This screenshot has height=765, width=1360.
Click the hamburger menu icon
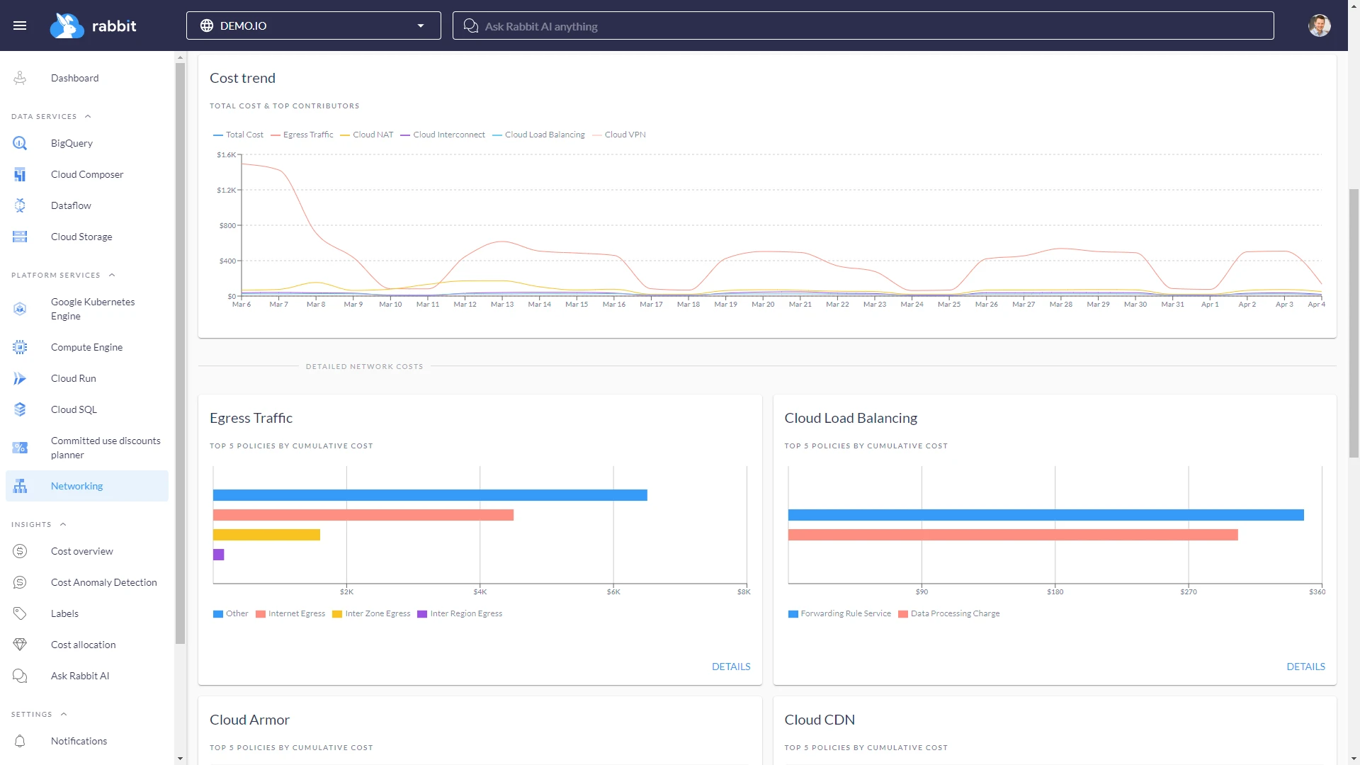click(x=20, y=25)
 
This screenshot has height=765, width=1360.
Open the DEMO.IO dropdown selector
click(x=313, y=25)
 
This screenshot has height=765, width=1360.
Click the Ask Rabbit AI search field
click(x=863, y=26)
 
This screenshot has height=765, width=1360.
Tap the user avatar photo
click(x=1319, y=25)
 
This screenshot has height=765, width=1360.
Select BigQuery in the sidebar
click(x=72, y=143)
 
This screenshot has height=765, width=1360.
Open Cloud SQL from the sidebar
click(x=74, y=409)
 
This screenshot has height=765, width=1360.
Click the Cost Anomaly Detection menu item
click(x=103, y=582)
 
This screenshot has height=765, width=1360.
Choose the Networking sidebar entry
click(x=76, y=486)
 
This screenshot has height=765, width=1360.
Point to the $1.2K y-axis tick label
click(x=226, y=190)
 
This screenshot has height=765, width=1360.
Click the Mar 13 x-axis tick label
click(x=502, y=305)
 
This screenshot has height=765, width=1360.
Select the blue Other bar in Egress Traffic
click(x=429, y=495)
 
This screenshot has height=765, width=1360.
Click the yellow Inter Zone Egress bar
click(x=266, y=535)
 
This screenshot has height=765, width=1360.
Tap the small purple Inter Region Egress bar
click(x=218, y=555)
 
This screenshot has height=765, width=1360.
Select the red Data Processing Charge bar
click(x=1012, y=535)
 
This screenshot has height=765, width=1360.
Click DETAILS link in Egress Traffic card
click(x=730, y=667)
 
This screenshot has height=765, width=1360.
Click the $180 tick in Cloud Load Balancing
click(x=1055, y=592)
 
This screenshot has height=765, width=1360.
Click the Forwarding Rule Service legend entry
click(x=845, y=613)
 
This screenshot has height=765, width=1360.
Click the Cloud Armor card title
click(x=249, y=720)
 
